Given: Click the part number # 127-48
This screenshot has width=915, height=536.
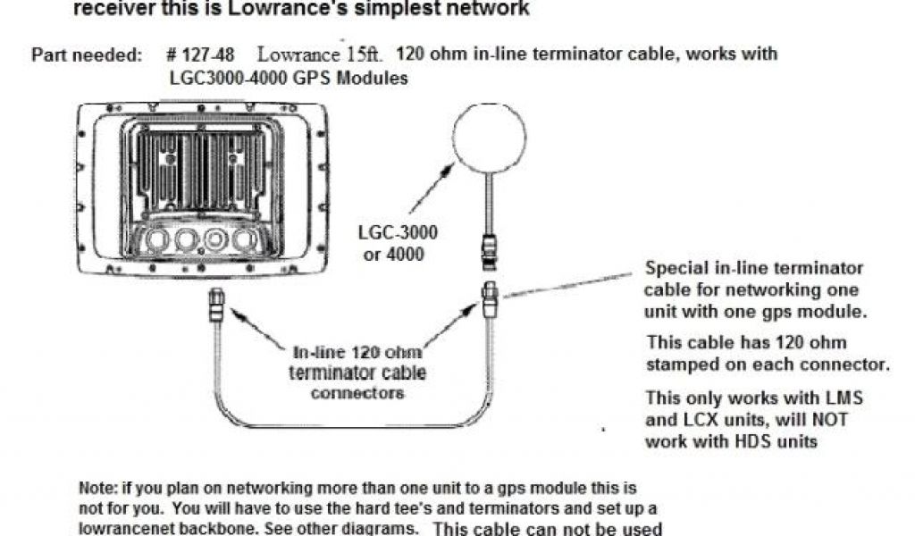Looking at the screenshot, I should pyautogui.click(x=201, y=54).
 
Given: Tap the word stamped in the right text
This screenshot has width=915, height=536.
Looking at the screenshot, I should pyautogui.click(x=684, y=364).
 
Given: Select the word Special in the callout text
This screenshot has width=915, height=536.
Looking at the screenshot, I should pyautogui.click(x=674, y=268).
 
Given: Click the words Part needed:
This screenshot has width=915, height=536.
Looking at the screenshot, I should pyautogui.click(x=87, y=54).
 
